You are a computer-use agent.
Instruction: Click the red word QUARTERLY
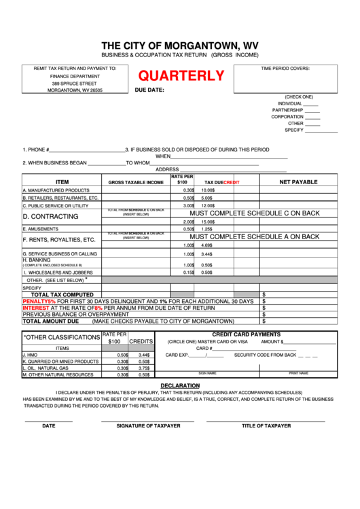[181, 77]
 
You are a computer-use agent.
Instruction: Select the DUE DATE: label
[149, 90]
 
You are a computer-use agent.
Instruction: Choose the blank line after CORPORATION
[312, 117]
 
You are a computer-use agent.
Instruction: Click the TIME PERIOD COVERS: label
[285, 69]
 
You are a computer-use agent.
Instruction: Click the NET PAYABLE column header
[298, 182]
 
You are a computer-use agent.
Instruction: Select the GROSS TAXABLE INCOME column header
[136, 183]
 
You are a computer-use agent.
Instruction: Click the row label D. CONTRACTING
[51, 216]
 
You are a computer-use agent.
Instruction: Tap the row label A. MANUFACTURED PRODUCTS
[56, 190]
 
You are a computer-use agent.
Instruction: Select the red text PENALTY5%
[39, 300]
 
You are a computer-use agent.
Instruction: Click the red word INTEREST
[36, 307]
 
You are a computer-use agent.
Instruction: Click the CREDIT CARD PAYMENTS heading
[246, 334]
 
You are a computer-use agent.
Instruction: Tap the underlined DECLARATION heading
[179, 385]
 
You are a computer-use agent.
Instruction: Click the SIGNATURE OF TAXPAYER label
[148, 425]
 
